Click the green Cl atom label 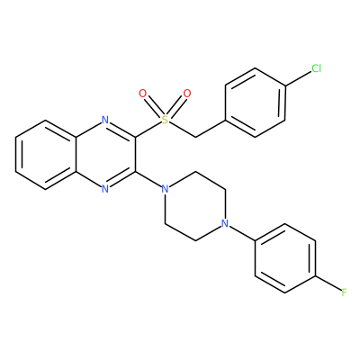316,68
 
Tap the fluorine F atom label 344,292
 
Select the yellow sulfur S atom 165,120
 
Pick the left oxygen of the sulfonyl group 143,94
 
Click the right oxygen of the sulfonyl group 187,94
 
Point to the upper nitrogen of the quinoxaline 105,120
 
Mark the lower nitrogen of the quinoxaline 105,189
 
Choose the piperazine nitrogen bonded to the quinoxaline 165,189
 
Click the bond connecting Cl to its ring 298,79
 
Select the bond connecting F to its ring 328,283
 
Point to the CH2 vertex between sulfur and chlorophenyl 195,138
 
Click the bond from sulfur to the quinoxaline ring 148,130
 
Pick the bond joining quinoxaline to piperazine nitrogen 148,179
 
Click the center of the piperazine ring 195,206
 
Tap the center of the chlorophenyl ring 255,103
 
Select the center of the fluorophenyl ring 285,258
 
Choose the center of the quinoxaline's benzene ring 45,155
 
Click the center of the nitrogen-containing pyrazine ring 105,155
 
